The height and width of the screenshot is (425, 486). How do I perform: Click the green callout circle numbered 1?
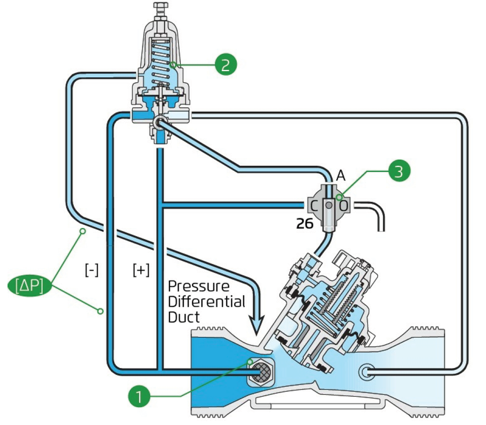139,396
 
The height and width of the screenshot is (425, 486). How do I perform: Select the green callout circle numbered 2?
226,64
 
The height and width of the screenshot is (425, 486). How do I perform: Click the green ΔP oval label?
30,286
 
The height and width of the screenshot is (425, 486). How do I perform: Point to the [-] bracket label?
92,270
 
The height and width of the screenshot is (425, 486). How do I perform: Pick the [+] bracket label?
141,270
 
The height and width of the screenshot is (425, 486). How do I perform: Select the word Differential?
207,301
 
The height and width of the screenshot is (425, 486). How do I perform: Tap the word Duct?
184,317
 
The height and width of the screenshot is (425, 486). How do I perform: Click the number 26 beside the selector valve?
305,223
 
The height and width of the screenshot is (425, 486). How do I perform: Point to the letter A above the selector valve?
341,176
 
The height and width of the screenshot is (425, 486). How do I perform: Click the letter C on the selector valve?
314,205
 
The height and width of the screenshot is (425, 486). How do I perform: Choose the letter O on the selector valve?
344,205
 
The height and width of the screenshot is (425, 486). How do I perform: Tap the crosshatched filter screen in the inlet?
260,371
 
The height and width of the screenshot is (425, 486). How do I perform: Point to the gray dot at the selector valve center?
329,205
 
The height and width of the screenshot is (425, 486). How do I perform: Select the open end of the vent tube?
381,231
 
